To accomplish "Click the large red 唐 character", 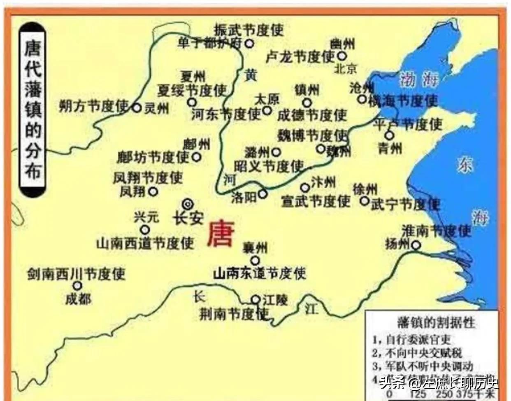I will (x=221, y=233).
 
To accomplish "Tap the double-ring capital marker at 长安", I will (x=188, y=203).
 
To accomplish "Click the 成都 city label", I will (x=78, y=298).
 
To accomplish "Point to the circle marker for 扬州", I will (x=416, y=245).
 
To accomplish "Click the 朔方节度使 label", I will (x=94, y=107).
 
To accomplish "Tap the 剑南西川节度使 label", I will (x=76, y=274).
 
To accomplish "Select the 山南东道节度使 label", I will (x=260, y=273).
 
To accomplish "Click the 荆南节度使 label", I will (x=234, y=315).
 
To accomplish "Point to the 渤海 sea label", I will (x=419, y=79).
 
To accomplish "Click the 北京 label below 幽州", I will (x=345, y=68).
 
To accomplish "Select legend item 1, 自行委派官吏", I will (x=412, y=340).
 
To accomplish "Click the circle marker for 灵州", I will (x=137, y=108).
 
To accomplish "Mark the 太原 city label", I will (x=267, y=99).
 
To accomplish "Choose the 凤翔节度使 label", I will (x=148, y=178).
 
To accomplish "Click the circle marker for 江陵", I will (x=255, y=299).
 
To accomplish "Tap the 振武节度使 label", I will (x=249, y=30).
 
